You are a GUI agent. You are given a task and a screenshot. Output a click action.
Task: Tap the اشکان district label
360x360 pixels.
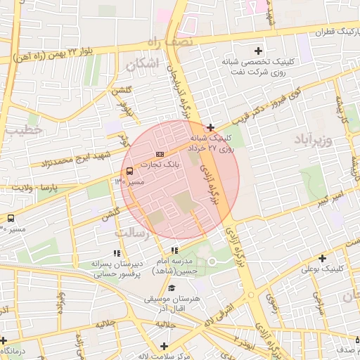(x=143, y=64)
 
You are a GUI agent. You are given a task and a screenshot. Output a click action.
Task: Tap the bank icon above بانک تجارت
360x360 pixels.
(x=160, y=154)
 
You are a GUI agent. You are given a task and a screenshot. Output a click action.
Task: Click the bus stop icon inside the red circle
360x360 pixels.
(x=129, y=171)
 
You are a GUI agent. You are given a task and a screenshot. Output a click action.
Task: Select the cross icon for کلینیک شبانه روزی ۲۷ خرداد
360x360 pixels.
(x=210, y=127)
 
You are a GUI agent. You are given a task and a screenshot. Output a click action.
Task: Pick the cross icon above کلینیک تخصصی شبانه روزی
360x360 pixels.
(x=258, y=50)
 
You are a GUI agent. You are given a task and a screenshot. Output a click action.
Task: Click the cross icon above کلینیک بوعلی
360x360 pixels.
(x=322, y=258)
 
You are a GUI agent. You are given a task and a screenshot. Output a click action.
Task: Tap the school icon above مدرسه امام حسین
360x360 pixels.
(x=174, y=250)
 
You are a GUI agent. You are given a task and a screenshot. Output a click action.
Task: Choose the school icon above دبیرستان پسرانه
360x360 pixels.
(x=116, y=253)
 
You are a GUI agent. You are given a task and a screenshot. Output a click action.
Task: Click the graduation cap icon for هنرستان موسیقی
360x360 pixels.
(x=172, y=288)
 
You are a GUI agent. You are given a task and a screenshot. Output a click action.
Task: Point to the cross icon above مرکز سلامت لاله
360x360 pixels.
(x=164, y=345)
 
